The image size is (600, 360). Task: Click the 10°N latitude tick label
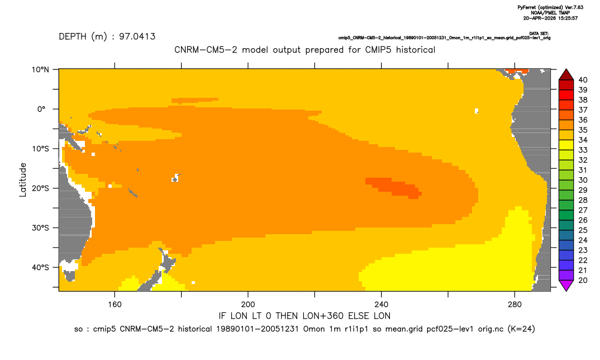(x=40, y=70)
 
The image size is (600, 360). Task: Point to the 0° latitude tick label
(x=42, y=109)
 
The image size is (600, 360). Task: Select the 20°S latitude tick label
(x=40, y=188)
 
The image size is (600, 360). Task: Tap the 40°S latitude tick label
(x=40, y=267)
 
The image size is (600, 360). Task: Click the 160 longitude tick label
(x=115, y=305)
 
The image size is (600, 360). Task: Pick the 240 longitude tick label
(x=381, y=305)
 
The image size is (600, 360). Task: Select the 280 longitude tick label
(x=515, y=305)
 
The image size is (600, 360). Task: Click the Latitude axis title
(x=23, y=180)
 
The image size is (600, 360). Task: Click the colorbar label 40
(x=583, y=80)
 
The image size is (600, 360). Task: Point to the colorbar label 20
(x=583, y=280)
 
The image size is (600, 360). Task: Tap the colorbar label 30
(x=583, y=180)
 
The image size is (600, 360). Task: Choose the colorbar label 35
(x=583, y=130)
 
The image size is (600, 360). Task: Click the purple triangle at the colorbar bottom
(x=566, y=285)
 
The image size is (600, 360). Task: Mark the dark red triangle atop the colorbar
(x=566, y=75)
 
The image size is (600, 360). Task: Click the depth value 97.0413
(x=137, y=37)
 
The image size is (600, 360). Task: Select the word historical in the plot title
(x=416, y=50)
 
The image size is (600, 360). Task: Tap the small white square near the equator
(x=477, y=111)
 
